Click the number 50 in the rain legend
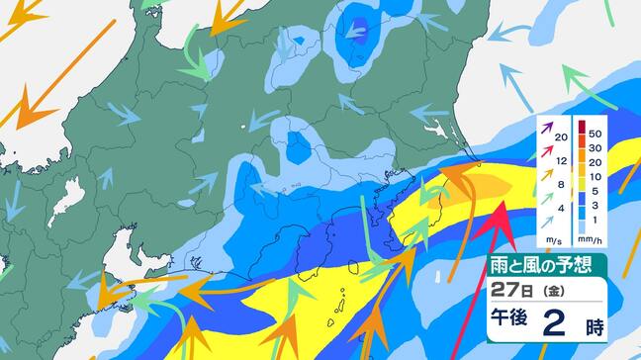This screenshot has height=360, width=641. pyautogui.click(x=595, y=132)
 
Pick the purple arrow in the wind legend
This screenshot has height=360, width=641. pyautogui.click(x=547, y=127)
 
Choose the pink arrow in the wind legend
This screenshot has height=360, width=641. pyautogui.click(x=547, y=149)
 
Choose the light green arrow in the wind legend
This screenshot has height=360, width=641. pyautogui.click(x=547, y=198)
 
